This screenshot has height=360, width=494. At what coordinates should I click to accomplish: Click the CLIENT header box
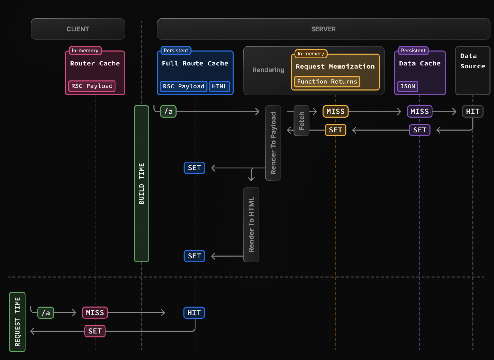tap(78, 29)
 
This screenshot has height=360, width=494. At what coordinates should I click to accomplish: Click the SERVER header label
tap(323, 29)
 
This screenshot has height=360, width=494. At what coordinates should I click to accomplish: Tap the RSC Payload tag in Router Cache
tap(92, 86)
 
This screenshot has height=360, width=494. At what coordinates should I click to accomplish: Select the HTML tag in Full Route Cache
tap(219, 86)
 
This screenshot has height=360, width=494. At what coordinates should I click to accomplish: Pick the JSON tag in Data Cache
tap(408, 86)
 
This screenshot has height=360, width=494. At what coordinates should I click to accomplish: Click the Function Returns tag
tap(327, 82)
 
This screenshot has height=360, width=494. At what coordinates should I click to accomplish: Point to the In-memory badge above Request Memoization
tap(311, 54)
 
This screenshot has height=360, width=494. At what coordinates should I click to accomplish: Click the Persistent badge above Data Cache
tap(413, 51)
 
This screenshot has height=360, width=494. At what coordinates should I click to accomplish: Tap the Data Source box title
tap(472, 61)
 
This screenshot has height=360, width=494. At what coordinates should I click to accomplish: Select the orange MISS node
tap(335, 111)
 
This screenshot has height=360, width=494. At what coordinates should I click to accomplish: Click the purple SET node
tap(420, 130)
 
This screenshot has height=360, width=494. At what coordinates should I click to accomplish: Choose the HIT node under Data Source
tap(473, 111)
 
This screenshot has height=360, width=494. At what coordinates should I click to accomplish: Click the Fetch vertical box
tap(302, 121)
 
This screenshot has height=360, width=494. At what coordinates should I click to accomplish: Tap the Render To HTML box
tap(251, 225)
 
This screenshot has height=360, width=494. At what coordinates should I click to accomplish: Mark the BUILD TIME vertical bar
tap(141, 184)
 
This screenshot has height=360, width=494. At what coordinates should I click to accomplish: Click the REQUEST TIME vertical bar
tap(17, 322)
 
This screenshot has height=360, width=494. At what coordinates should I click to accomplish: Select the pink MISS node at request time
tap(95, 313)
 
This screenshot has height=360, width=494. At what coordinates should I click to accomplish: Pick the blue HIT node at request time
tap(194, 313)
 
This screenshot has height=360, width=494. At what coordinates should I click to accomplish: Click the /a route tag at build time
tap(168, 111)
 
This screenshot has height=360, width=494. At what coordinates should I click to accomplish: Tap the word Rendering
tap(268, 70)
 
